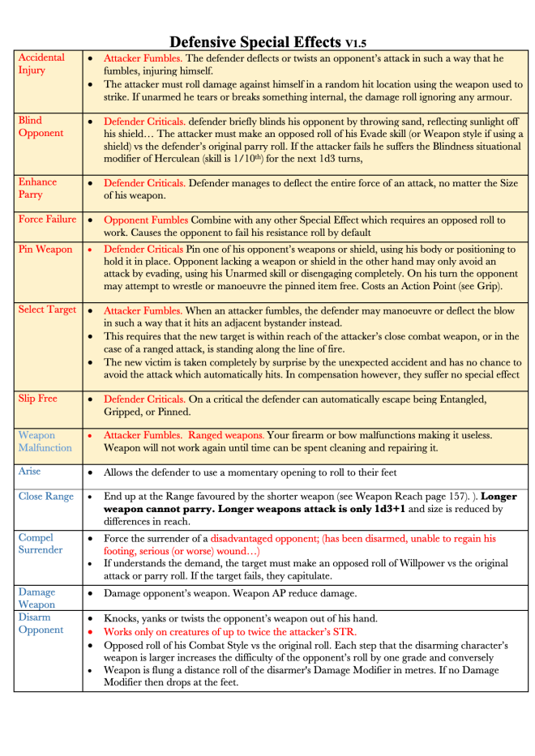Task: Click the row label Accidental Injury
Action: coord(41,64)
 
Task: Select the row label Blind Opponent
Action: coord(41,126)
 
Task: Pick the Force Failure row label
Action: coord(47,220)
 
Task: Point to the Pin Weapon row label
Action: coord(45,250)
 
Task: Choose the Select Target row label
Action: coord(47,310)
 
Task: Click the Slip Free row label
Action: coord(39,399)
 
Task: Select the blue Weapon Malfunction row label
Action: coord(45,442)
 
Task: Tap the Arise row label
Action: coord(29,471)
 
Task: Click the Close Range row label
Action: coord(45,497)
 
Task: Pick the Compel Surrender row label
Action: coord(41,544)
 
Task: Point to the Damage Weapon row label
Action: coord(37,598)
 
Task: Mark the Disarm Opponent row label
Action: coord(41,624)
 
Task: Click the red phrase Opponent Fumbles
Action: coord(143,220)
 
